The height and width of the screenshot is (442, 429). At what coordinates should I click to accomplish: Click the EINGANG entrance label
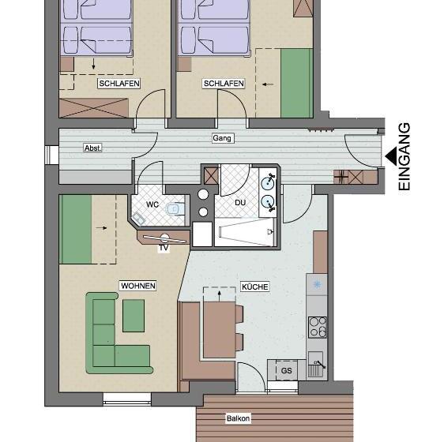pos(405,157)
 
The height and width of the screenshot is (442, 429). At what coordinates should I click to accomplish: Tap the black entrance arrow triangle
pos(391,155)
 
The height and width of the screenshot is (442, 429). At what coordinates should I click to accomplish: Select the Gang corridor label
pos(222,138)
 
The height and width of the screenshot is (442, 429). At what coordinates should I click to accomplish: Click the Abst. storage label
pos(92,148)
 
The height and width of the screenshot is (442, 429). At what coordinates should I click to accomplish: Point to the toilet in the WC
pos(175,209)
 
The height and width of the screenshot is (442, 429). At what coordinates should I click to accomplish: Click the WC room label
pos(152,204)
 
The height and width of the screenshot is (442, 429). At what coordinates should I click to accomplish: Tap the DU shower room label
pos(240,202)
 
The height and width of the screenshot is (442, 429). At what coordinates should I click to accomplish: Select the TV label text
pos(164,248)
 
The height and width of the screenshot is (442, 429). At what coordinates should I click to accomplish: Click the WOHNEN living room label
pos(138,286)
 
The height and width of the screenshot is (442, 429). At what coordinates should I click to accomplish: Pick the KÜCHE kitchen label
pos(255,287)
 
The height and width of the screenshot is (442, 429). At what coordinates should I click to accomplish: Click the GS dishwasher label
pos(287,370)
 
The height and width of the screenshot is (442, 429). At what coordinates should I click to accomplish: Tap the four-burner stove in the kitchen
pos(318,327)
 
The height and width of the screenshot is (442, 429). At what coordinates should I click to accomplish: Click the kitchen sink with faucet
pos(317,365)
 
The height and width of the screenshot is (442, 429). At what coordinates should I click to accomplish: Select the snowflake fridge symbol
pos(318,284)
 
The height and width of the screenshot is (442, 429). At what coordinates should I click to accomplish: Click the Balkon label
pos(238,418)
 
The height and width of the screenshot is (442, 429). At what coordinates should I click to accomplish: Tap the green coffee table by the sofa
pos(134,316)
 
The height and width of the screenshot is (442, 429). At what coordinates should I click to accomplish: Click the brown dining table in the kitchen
pos(220,330)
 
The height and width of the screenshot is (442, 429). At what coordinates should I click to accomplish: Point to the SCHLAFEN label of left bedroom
pos(119,84)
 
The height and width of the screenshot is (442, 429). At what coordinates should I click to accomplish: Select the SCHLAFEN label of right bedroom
pos(224,84)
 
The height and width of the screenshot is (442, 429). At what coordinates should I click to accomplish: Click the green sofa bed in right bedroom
pos(296,83)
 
